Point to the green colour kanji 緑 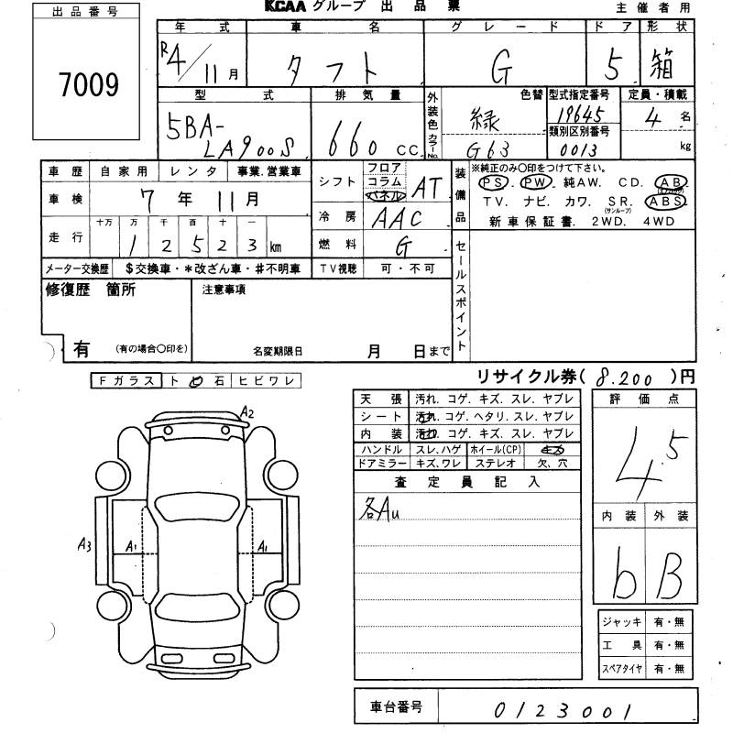(490, 119)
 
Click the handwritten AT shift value (427, 188)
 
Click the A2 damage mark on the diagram (245, 412)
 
